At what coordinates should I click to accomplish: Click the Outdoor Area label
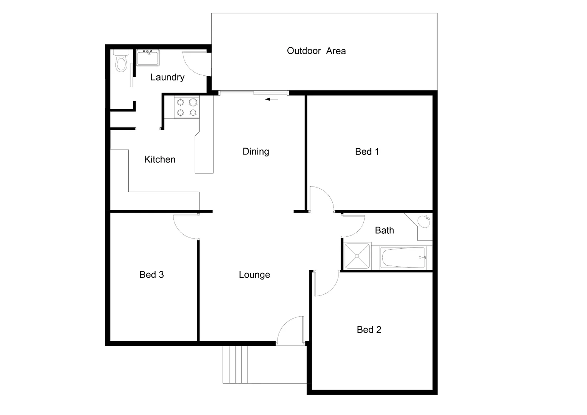pos(316,51)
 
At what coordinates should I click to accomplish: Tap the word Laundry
pos(167,77)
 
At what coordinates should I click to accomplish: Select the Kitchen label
pos(160,159)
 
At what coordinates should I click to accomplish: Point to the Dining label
pos(256,151)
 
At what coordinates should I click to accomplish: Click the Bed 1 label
pos(367,152)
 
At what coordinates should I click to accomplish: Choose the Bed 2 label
pos(369,330)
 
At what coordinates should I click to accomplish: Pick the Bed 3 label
pos(152,275)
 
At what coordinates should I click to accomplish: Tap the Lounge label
pos(254,275)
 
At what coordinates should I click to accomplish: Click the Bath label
pos(385,230)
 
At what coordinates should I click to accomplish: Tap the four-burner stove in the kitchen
pos(187,107)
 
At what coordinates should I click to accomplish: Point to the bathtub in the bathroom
pos(403,257)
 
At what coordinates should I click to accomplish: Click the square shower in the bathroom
pos(357,256)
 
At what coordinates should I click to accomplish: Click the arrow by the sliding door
pos(271,99)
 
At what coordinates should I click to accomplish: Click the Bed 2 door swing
pos(326,284)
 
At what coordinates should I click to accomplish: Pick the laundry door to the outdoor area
pos(195,63)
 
